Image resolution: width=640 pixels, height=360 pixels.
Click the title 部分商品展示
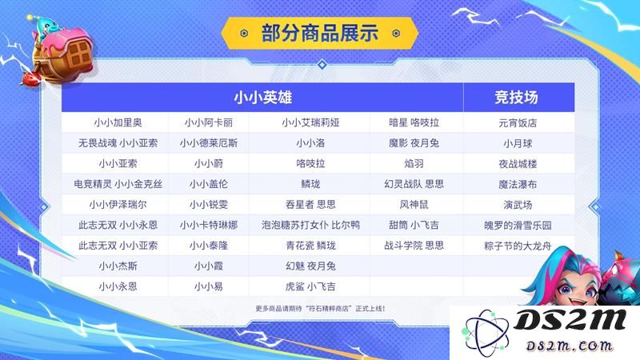[x=320, y=33]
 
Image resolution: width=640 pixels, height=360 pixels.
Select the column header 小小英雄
[x=263, y=98]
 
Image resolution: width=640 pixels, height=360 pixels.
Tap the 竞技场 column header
[x=516, y=98]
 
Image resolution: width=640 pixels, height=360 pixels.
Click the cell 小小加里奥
[x=118, y=122]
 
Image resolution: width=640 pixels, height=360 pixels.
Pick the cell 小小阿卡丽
[x=209, y=122]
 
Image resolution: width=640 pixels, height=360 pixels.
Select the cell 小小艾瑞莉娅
[x=310, y=122]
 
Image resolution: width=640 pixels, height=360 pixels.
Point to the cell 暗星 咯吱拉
[x=414, y=122]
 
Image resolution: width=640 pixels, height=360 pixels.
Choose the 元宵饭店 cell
[x=518, y=123]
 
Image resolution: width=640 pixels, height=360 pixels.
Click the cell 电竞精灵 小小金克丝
[x=118, y=184]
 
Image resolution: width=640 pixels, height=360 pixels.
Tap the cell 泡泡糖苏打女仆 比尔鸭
[x=310, y=225]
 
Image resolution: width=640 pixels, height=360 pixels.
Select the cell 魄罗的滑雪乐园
[x=518, y=226]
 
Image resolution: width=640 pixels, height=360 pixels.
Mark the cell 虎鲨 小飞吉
[x=310, y=286]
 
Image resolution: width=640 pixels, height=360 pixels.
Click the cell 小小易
[x=209, y=286]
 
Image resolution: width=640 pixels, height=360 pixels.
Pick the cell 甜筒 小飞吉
[x=414, y=225]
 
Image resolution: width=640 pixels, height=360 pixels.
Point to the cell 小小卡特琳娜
[x=209, y=225]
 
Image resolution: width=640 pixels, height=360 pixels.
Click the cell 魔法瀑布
[x=518, y=185]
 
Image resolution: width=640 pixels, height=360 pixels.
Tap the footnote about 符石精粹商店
[x=321, y=309]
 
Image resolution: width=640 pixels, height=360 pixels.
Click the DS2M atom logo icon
[x=485, y=333]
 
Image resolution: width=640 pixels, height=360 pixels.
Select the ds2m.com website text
[x=570, y=346]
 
